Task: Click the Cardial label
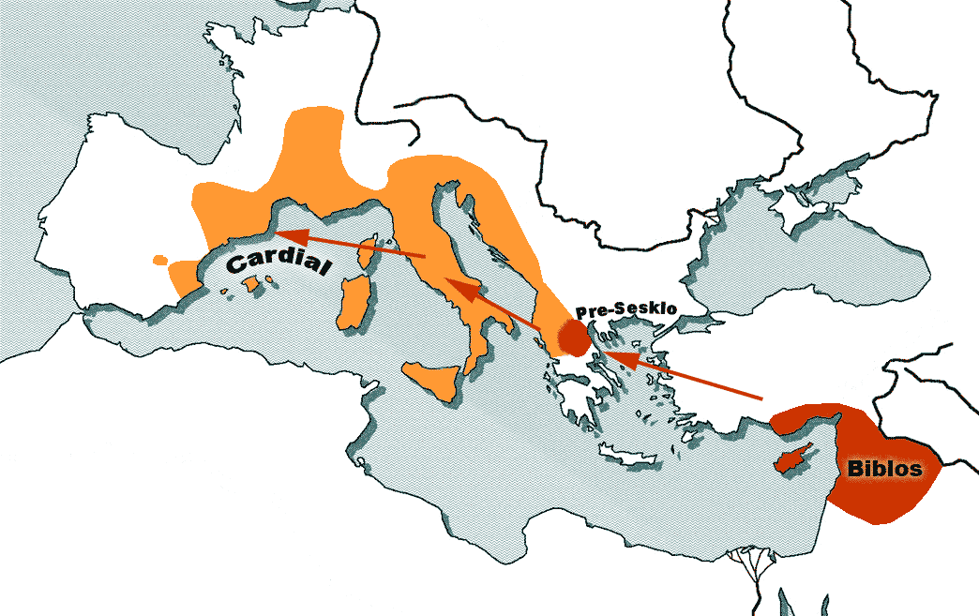point(280,265)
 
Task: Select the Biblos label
point(884,468)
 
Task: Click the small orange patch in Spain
point(160,258)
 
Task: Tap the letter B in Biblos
point(855,469)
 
